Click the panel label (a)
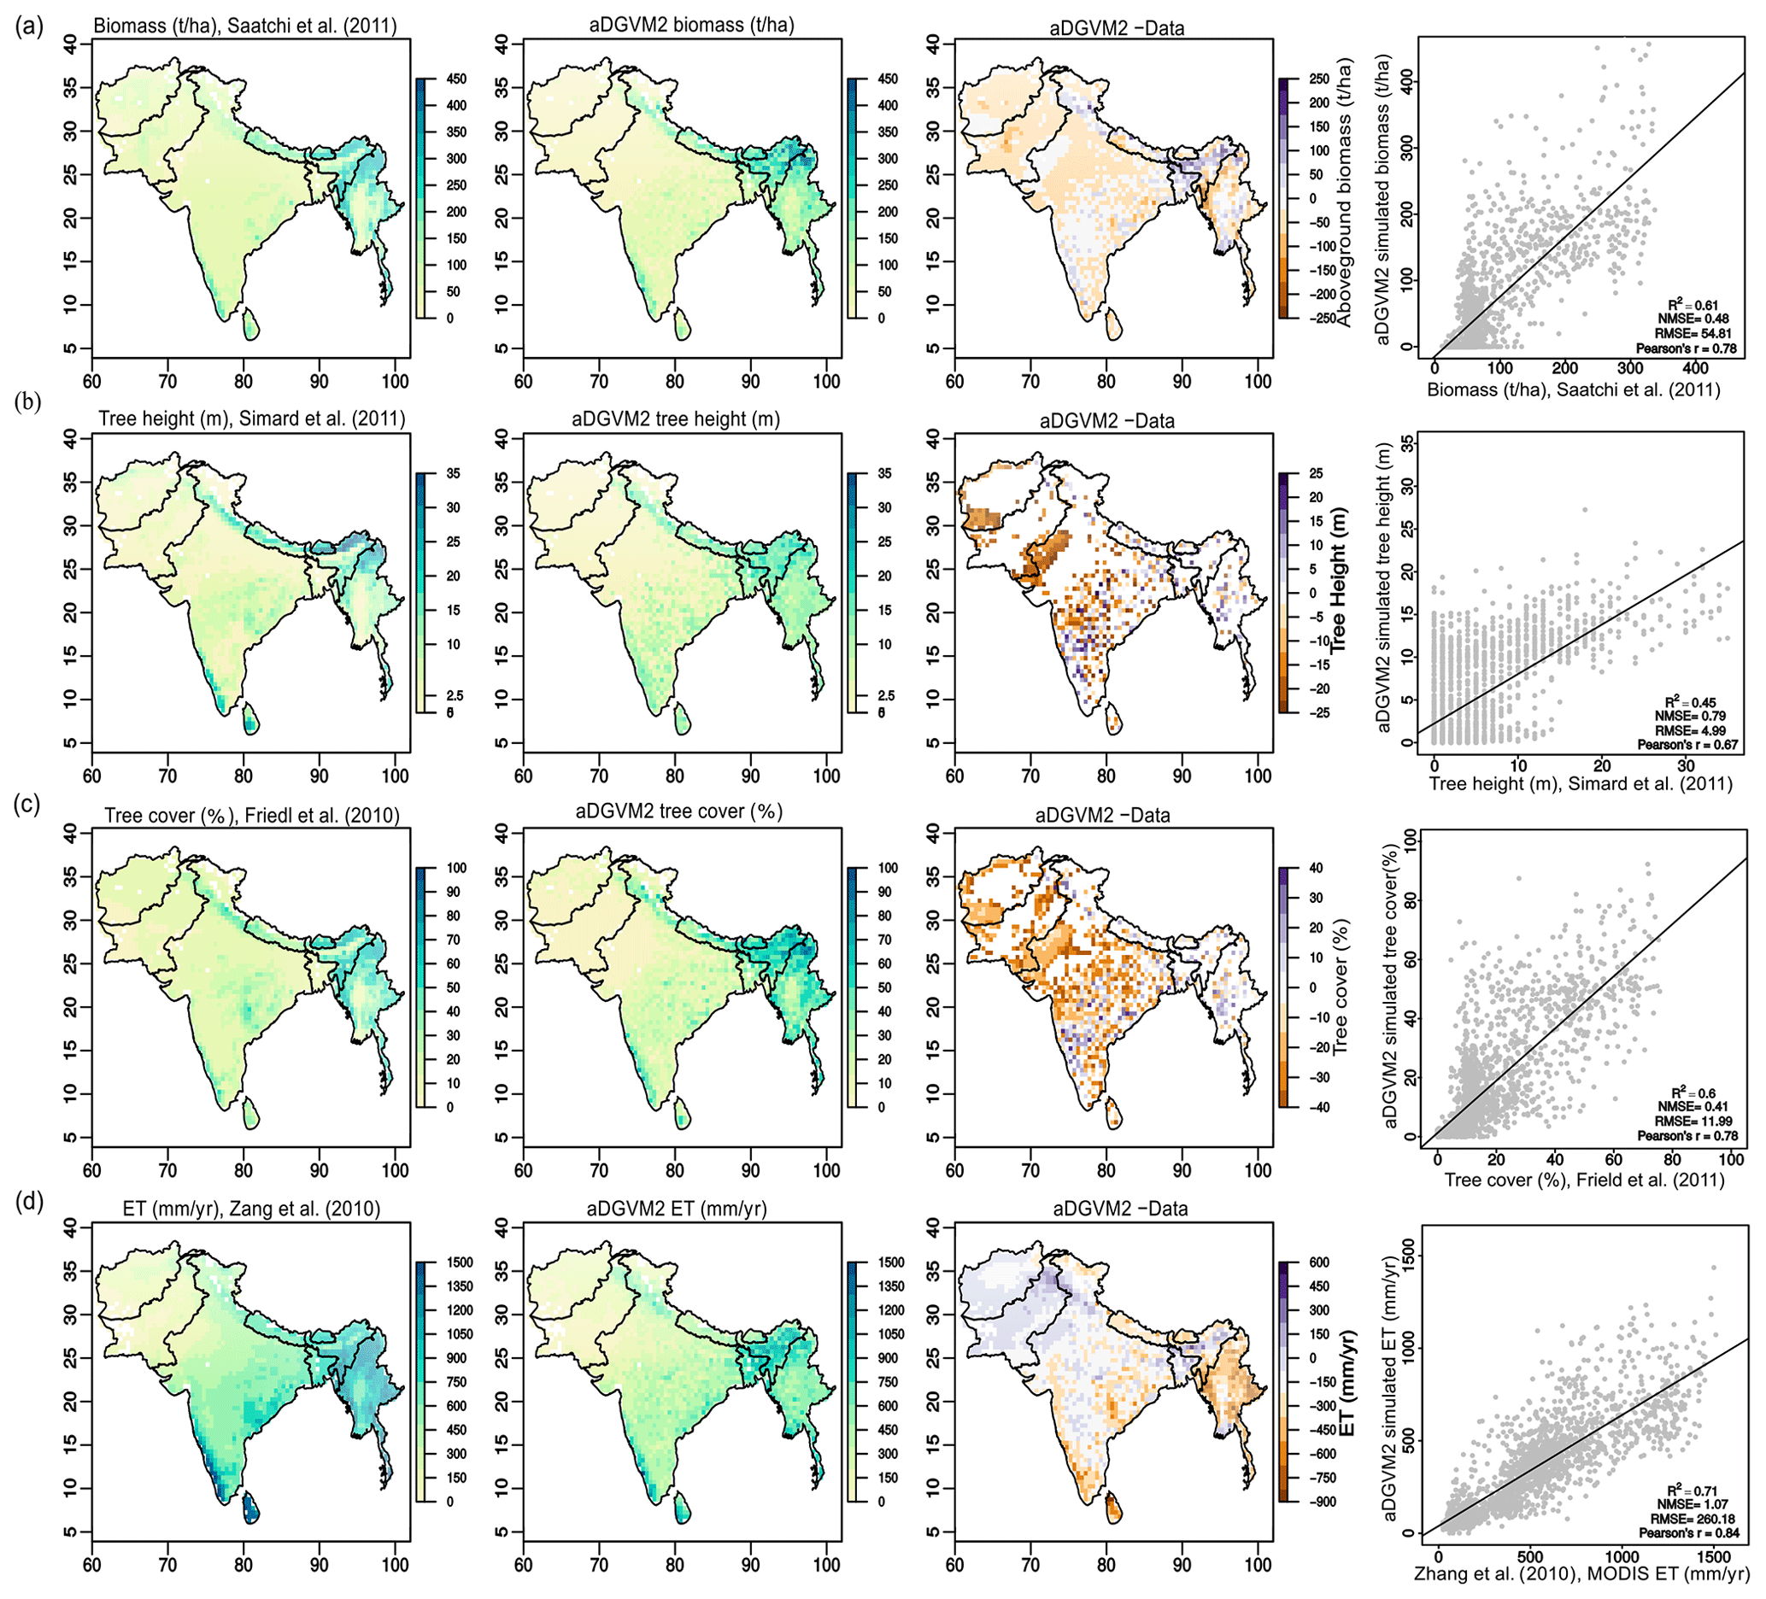29,27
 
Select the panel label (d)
29,1201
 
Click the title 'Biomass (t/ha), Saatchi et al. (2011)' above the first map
245,26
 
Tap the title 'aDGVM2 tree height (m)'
676,419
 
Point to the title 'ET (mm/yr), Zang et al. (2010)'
251,1209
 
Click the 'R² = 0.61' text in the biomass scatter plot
1693,306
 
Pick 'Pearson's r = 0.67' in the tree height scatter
1688,744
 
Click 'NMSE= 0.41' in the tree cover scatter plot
1691,1107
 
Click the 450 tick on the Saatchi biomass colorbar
456,79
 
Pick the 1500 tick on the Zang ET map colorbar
459,1262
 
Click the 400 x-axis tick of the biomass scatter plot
1695,369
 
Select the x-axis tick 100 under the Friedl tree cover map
395,1171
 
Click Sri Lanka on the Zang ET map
250,1508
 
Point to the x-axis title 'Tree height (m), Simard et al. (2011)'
1581,785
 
